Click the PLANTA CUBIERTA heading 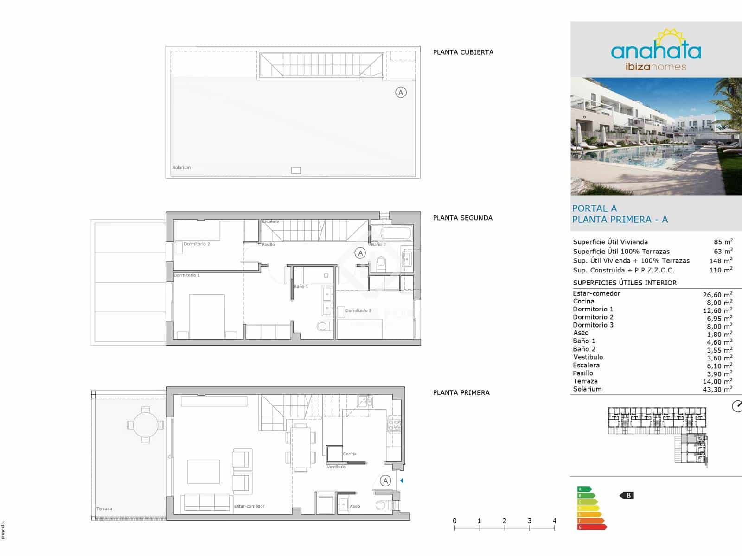click(463, 52)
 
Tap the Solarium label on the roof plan click(181, 168)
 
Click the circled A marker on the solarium click(401, 92)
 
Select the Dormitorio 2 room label click(197, 244)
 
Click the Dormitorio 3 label click(358, 310)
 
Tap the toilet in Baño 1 click(324, 326)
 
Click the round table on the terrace click(146, 425)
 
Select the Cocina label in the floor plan click(350, 454)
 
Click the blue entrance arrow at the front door click(402, 480)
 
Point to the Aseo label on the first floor click(355, 506)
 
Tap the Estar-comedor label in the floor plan click(249, 506)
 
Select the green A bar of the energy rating click(584, 489)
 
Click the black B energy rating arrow click(627, 496)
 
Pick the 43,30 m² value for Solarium click(717, 390)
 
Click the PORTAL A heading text click(595, 208)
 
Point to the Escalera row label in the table click(586, 365)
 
